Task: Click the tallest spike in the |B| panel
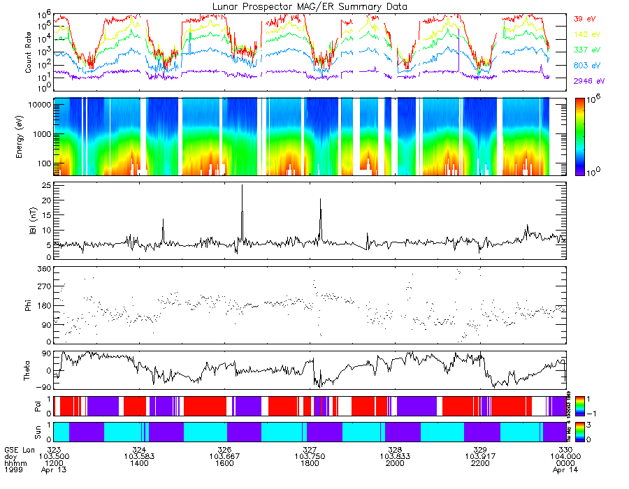point(242,186)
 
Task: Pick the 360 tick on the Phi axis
point(43,269)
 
